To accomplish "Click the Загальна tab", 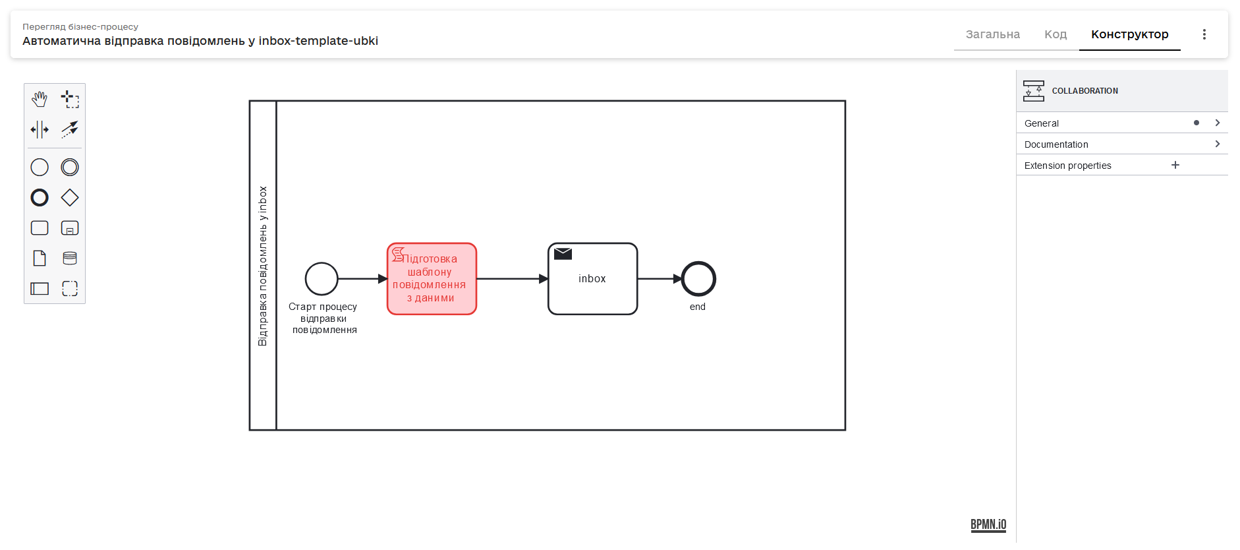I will tap(992, 34).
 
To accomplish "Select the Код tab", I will tap(1055, 34).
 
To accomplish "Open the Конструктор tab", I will tap(1129, 34).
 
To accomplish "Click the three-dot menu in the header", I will tap(1204, 34).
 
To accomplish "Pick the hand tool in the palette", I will tap(40, 100).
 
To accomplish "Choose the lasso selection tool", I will tap(70, 100).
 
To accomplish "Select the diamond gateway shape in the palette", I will tap(70, 198).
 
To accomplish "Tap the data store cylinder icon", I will tap(70, 259).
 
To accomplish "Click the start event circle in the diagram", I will tap(322, 279).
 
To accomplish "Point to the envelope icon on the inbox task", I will tap(563, 254).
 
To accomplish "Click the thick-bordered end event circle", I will tap(698, 279).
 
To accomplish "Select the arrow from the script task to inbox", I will tap(511, 279).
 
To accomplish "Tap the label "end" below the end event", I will tap(698, 307).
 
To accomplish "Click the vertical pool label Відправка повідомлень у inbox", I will tap(263, 266).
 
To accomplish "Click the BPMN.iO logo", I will tap(988, 524).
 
